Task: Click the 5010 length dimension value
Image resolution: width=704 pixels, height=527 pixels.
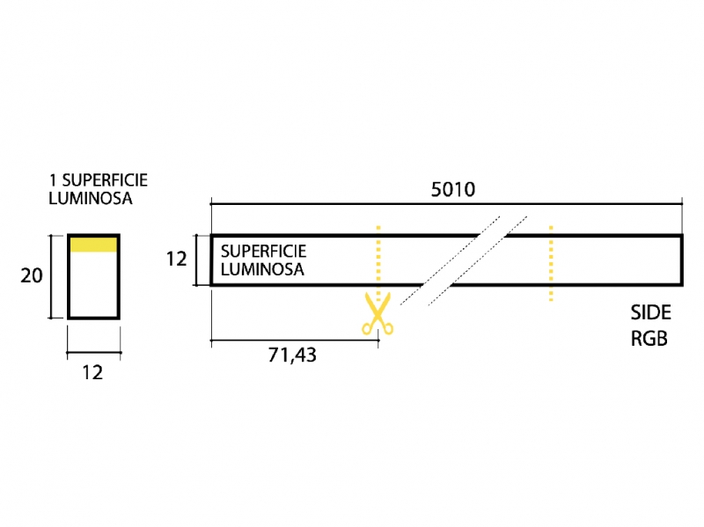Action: (452, 189)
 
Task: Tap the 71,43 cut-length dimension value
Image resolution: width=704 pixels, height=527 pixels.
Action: (292, 355)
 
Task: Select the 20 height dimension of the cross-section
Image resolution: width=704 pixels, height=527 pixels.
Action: (32, 275)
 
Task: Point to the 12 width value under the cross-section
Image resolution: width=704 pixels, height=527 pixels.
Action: (92, 372)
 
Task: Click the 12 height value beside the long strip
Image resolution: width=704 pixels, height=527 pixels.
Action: (177, 259)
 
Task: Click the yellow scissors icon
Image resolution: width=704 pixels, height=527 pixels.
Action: (378, 313)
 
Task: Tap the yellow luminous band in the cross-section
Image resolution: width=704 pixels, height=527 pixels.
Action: (93, 245)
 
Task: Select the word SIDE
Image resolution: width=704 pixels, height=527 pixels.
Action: (650, 312)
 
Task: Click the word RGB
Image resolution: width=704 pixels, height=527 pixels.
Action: (649, 339)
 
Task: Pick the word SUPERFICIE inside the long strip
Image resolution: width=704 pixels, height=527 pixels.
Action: (263, 251)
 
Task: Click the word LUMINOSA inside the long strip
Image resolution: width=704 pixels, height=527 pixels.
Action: (262, 269)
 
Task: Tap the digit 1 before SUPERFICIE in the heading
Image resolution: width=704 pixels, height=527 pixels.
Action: (53, 180)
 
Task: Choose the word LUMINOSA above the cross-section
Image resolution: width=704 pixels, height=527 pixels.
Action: (91, 198)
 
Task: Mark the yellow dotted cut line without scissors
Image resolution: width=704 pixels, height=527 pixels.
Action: (551, 263)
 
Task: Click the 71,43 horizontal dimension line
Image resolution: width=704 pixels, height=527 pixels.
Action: (295, 340)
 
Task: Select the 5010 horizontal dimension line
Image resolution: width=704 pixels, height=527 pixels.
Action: (446, 204)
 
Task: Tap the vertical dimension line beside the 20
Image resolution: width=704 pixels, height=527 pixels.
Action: (51, 276)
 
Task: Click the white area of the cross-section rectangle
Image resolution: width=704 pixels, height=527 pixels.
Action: (93, 283)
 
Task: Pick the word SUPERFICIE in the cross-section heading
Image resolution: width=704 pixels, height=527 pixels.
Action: (105, 180)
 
